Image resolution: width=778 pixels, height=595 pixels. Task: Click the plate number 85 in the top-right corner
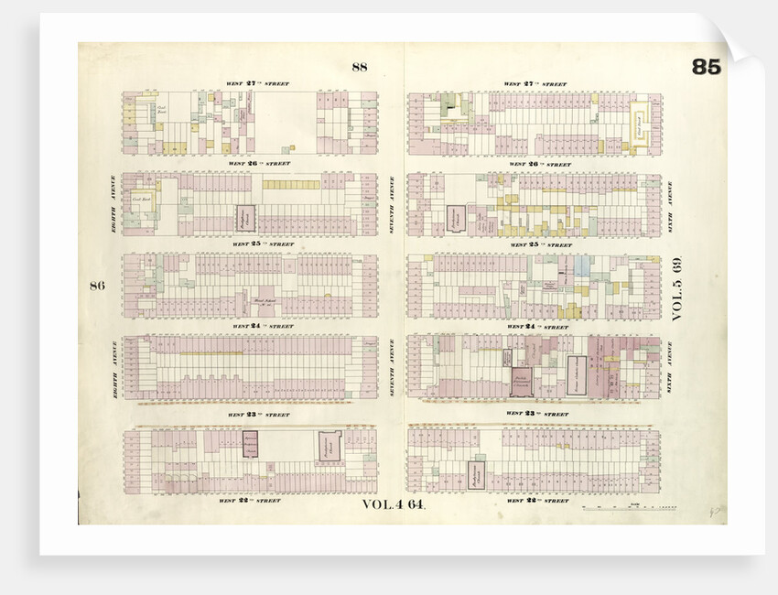[706, 67]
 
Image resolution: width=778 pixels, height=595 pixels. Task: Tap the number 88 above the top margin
[359, 66]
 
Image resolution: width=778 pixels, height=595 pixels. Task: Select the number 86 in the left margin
[97, 286]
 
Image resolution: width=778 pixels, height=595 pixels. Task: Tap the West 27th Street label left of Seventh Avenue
[258, 83]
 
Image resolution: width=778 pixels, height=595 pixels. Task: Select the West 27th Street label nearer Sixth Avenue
[535, 84]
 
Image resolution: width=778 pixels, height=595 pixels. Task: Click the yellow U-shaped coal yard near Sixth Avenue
[637, 124]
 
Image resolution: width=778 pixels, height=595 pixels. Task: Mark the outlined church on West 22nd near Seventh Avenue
[475, 475]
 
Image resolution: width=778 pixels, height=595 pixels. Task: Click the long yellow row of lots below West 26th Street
[291, 184]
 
